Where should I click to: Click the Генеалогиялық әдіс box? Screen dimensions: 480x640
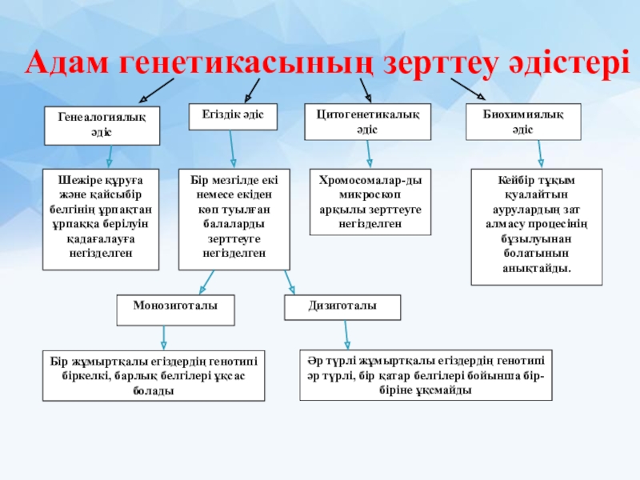(x=102, y=125)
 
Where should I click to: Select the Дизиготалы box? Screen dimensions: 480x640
(x=343, y=308)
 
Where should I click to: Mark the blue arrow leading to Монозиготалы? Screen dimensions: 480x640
(x=206, y=281)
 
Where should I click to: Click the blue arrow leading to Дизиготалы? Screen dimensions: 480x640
(x=290, y=282)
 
